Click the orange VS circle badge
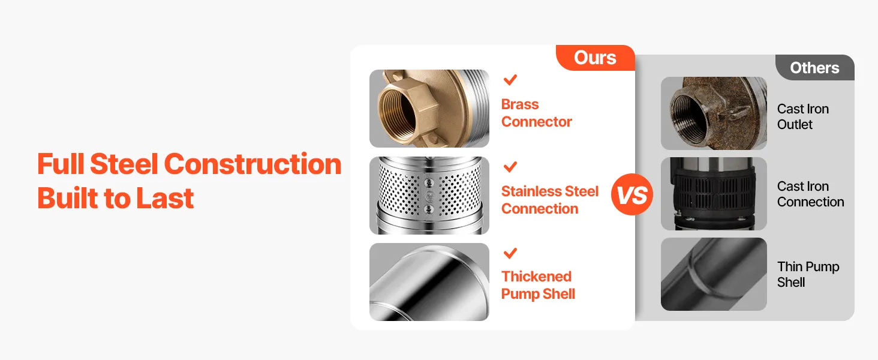632,194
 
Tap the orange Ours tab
596,58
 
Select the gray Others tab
815,67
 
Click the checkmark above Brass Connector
510,80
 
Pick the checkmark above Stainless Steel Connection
510,167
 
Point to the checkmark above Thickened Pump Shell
510,253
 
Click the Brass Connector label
536,113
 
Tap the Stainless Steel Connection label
550,200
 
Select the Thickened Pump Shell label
538,285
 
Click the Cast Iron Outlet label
803,116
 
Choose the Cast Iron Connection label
811,194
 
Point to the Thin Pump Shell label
808,274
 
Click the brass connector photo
429,109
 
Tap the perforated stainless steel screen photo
429,196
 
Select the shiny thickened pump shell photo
429,282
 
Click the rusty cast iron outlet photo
714,113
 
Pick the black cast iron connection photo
714,194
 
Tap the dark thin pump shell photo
714,274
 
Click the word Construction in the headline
253,164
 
